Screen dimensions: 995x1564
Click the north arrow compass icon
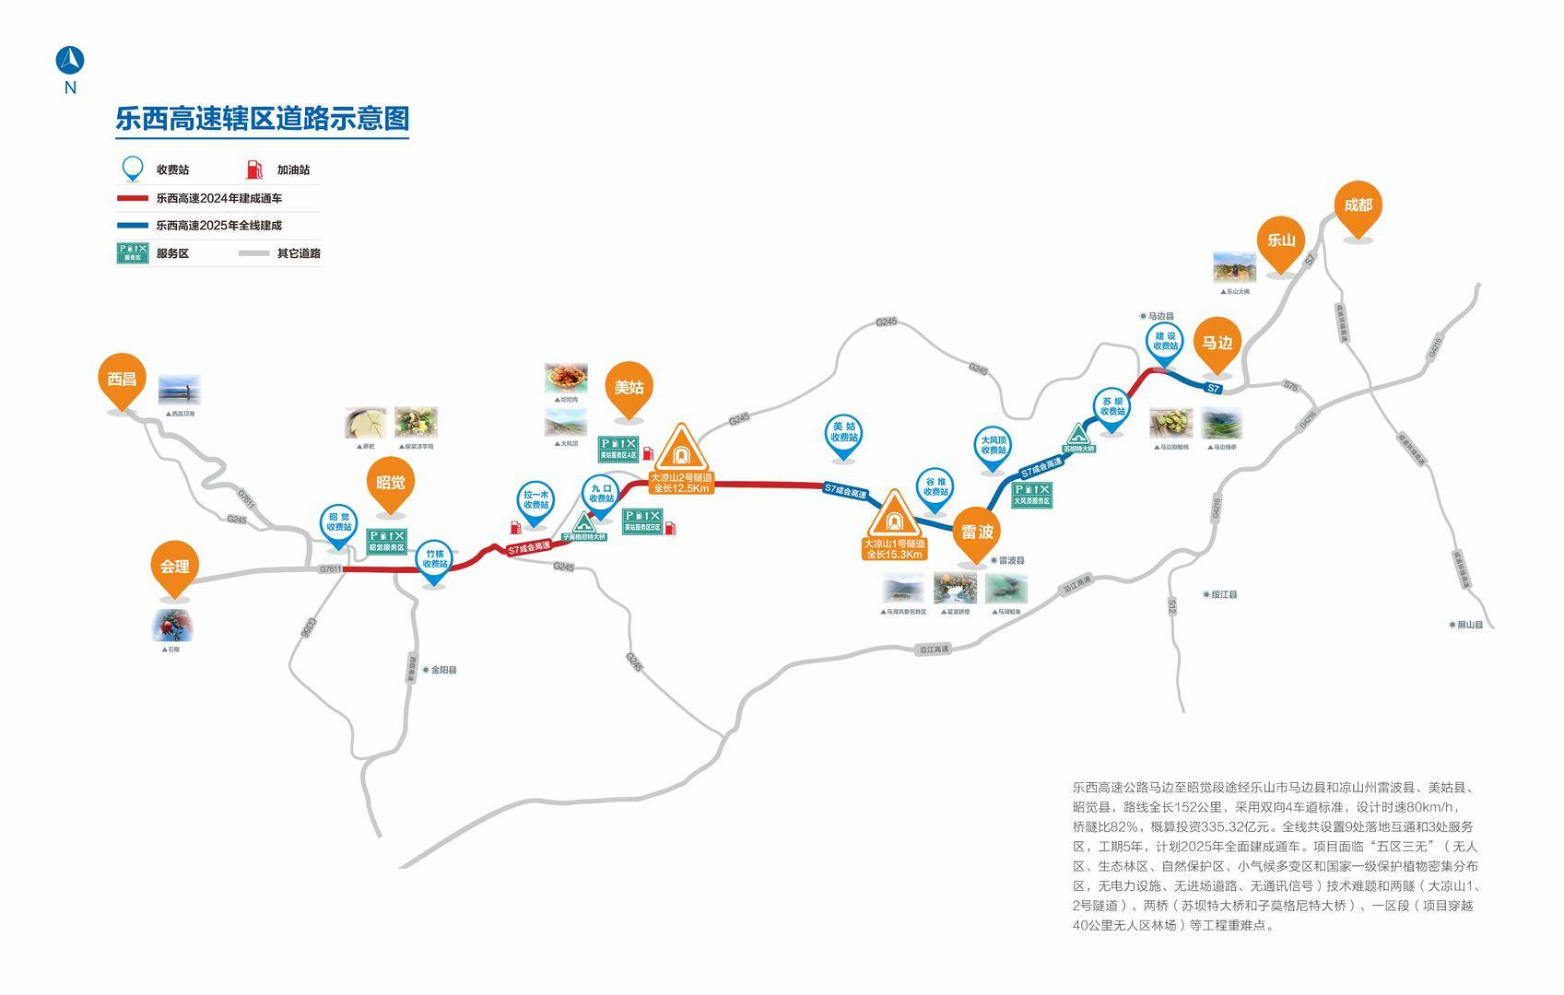click(70, 61)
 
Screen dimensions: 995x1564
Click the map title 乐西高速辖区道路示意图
click(262, 119)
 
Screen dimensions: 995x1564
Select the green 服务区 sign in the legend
click(133, 252)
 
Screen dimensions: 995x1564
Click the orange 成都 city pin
click(1358, 206)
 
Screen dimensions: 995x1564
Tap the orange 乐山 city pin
click(1280, 241)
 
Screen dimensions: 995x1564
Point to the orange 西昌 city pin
click(122, 380)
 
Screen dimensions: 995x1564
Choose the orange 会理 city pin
click(174, 567)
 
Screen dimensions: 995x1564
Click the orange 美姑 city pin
click(629, 388)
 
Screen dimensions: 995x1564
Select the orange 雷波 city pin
click(976, 533)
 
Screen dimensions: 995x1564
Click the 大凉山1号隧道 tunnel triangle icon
click(893, 516)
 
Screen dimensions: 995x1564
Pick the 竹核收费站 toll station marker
click(434, 560)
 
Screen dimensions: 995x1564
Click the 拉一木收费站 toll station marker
click(536, 500)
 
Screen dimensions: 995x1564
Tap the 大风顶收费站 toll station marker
click(993, 446)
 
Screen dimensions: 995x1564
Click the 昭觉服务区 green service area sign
click(387, 541)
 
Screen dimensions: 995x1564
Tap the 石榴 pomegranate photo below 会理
click(172, 626)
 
